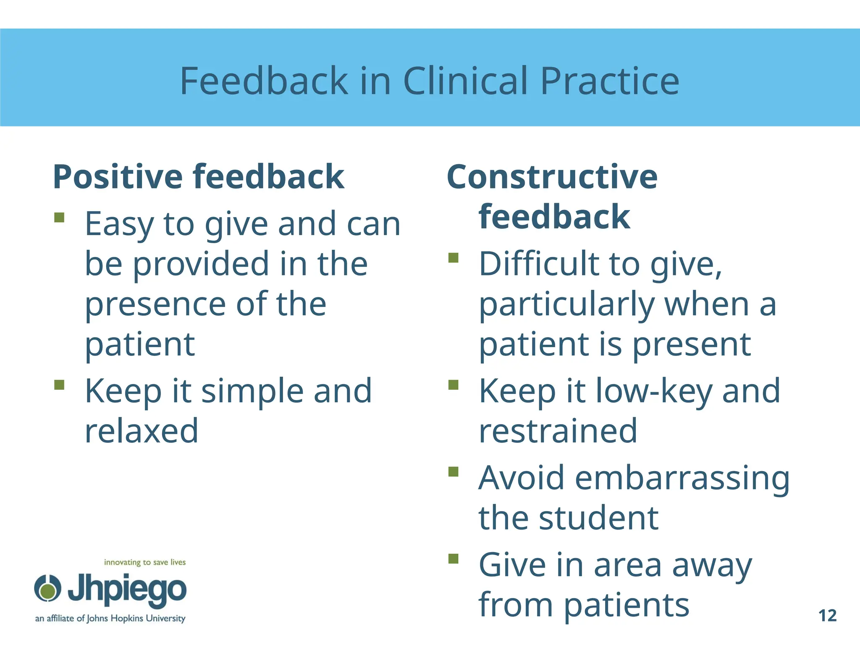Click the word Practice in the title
(609, 81)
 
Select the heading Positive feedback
(199, 177)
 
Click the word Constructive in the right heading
(552, 177)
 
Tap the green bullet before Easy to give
(59, 217)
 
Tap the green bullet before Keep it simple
(59, 385)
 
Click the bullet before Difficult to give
(453, 257)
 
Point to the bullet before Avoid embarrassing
(453, 472)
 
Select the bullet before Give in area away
(453, 558)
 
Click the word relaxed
(142, 431)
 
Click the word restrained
(558, 431)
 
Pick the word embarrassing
(682, 478)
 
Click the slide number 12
(827, 616)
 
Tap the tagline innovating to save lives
(144, 562)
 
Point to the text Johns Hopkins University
(136, 619)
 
